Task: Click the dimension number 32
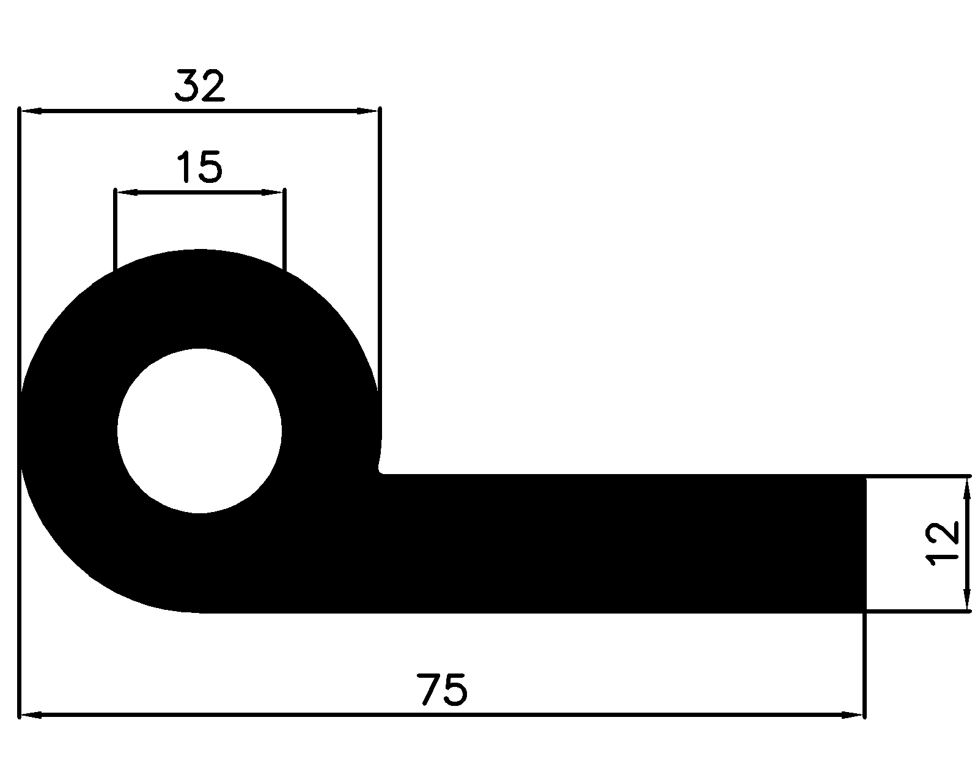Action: click(x=200, y=86)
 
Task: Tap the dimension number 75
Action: click(x=443, y=690)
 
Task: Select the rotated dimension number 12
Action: click(x=942, y=544)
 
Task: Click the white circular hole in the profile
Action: click(x=199, y=431)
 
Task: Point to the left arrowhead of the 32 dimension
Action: click(x=31, y=111)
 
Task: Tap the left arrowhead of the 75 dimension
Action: click(x=31, y=714)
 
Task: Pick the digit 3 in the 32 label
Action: click(x=187, y=86)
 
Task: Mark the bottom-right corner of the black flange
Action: click(x=865, y=611)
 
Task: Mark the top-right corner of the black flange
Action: click(x=865, y=475)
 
